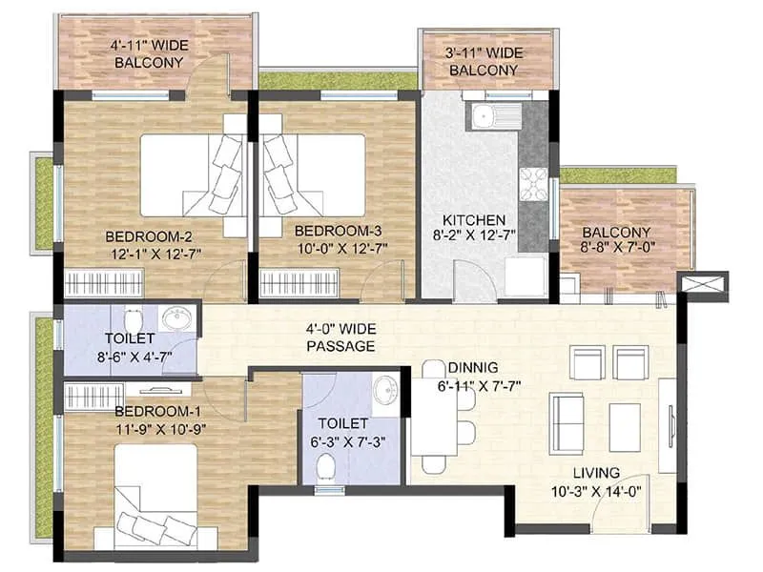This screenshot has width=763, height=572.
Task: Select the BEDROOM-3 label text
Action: click(x=338, y=231)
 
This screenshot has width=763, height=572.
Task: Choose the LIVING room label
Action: click(x=596, y=473)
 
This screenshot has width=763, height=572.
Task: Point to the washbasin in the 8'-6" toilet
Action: click(x=176, y=319)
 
